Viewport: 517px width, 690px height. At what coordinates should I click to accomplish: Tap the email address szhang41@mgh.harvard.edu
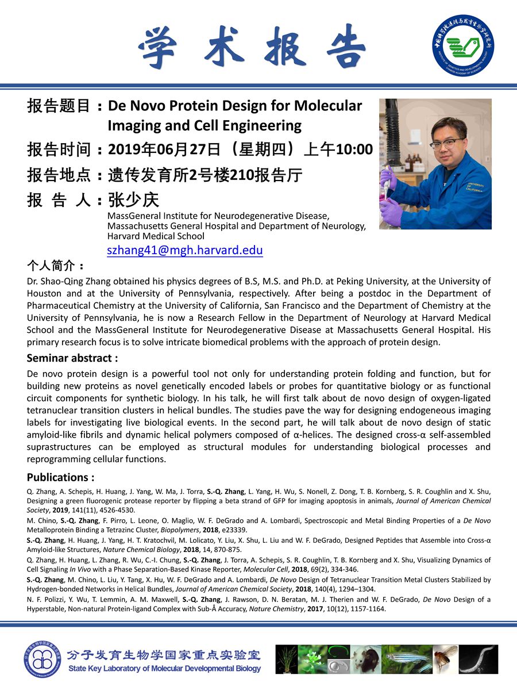click(185, 250)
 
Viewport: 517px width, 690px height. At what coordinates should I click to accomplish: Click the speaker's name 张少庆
click(133, 200)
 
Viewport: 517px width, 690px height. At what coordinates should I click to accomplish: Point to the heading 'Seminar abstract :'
click(72, 358)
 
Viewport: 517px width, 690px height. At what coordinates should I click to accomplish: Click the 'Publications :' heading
click(61, 477)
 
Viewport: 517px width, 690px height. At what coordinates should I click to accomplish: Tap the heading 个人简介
click(56, 266)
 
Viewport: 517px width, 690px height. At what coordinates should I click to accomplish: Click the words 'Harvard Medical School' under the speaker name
click(156, 236)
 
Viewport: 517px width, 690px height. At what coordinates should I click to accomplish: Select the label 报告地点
click(59, 175)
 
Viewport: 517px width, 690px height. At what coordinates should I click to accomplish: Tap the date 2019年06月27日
click(164, 149)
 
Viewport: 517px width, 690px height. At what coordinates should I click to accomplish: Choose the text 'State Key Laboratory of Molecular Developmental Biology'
click(164, 669)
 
